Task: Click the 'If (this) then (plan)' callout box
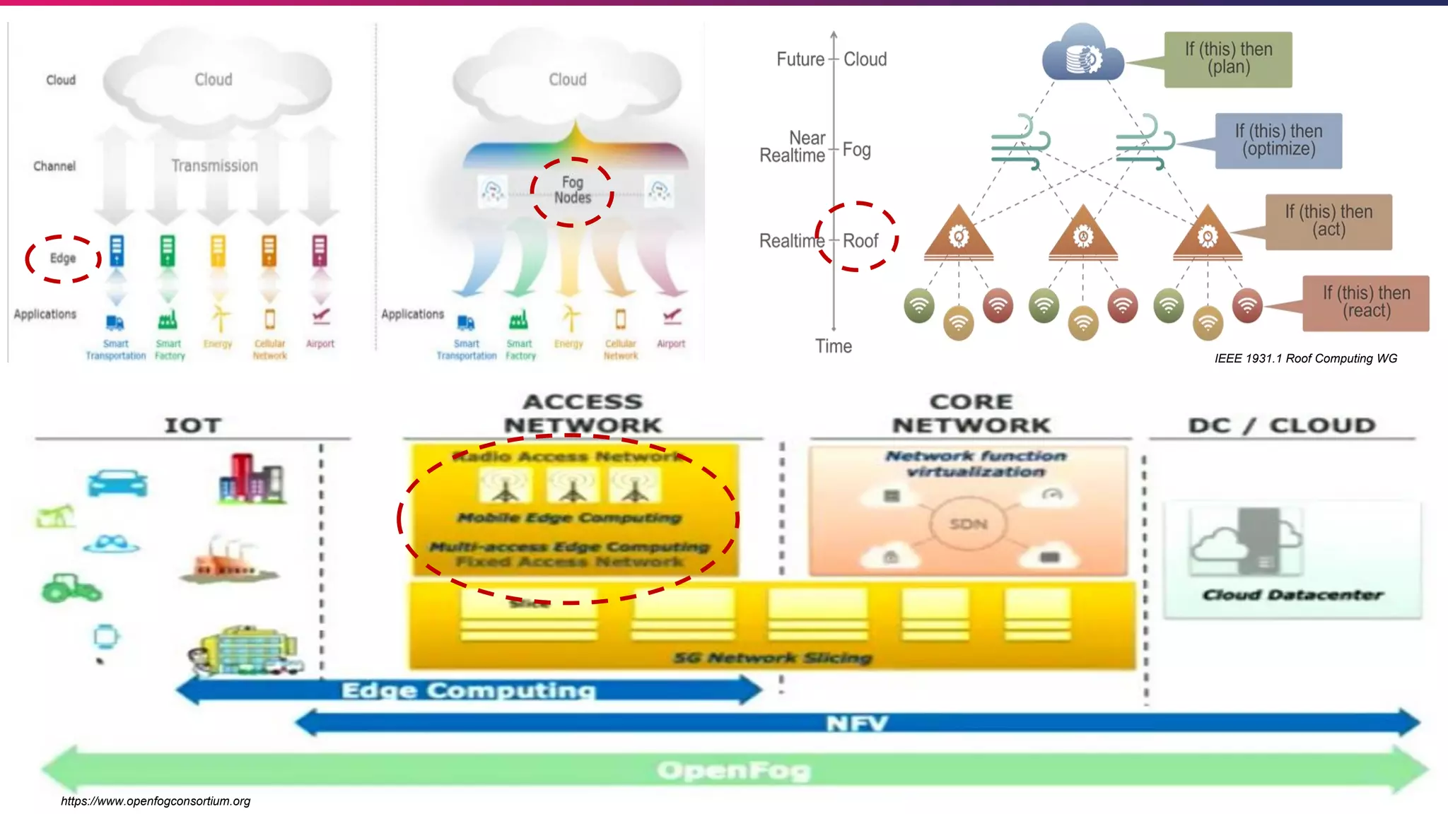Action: [x=1228, y=59]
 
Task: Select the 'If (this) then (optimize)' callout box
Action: [x=1278, y=141]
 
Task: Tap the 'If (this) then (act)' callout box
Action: [x=1329, y=221]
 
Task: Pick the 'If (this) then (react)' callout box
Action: [x=1366, y=302]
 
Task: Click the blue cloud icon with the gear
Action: [x=1082, y=55]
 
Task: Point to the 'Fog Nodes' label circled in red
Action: [x=572, y=191]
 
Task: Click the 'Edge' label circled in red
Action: [x=63, y=259]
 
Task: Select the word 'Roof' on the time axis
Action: [x=860, y=241]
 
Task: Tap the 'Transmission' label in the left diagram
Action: [x=214, y=166]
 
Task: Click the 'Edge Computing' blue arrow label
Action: [x=468, y=690]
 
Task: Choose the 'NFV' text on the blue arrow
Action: [x=856, y=724]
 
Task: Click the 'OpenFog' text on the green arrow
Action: [x=734, y=770]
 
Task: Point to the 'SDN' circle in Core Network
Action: [x=968, y=524]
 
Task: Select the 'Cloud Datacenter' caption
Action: [x=1292, y=595]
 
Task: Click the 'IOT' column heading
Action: [x=193, y=425]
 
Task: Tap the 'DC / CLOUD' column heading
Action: [x=1282, y=425]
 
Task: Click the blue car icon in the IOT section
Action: [x=117, y=484]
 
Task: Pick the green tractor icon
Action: [x=71, y=588]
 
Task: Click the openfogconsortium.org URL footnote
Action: [x=156, y=801]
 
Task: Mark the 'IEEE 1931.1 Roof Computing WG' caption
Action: [x=1306, y=359]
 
